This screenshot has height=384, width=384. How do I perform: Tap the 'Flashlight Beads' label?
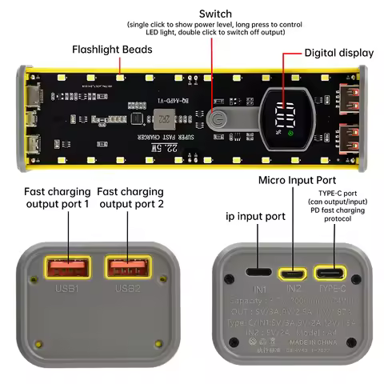click(x=114, y=50)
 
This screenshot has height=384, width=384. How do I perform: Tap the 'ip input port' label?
click(x=254, y=216)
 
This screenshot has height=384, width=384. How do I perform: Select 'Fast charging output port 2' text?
click(x=130, y=198)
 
